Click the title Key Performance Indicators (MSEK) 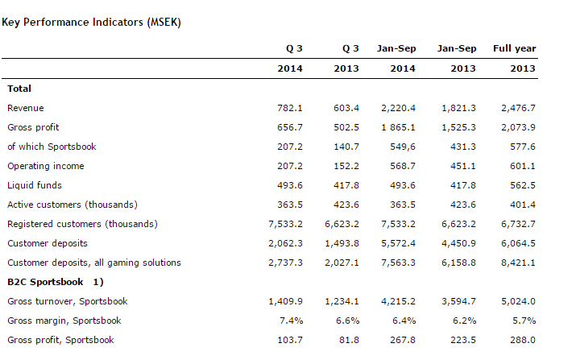click(91, 23)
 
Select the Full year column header click(515, 48)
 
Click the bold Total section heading click(19, 89)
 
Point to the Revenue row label click(26, 108)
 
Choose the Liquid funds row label click(35, 185)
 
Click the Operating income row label click(45, 166)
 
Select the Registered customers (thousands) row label click(82, 224)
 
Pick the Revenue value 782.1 click(290, 108)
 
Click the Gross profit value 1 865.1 click(399, 127)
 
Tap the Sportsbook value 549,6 click(403, 147)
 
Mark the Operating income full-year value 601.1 click(523, 166)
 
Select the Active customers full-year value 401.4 click(523, 205)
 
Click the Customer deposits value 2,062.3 click(285, 243)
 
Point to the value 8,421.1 click(518, 263)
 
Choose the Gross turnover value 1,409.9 click(285, 301)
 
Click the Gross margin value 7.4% click(292, 321)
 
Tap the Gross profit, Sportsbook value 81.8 click(349, 340)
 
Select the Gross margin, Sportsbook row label click(64, 321)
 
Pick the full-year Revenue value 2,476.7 click(518, 108)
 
